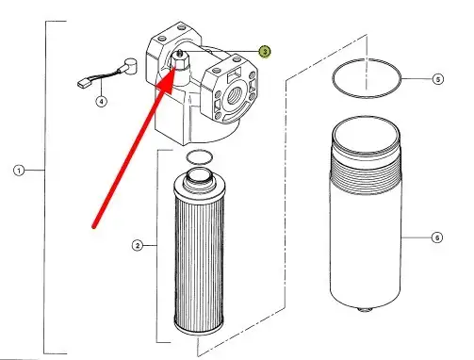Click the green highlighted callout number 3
[265, 51]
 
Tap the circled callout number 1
[19, 171]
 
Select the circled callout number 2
[138, 245]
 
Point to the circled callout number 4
[101, 102]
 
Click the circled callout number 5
[438, 79]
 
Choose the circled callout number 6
[437, 237]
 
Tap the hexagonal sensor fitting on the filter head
[180, 61]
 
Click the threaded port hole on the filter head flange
[234, 95]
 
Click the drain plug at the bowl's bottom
[365, 310]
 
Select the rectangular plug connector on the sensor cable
[83, 83]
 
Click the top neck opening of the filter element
[198, 174]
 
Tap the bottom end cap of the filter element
[199, 328]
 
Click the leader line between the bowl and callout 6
[417, 237]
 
